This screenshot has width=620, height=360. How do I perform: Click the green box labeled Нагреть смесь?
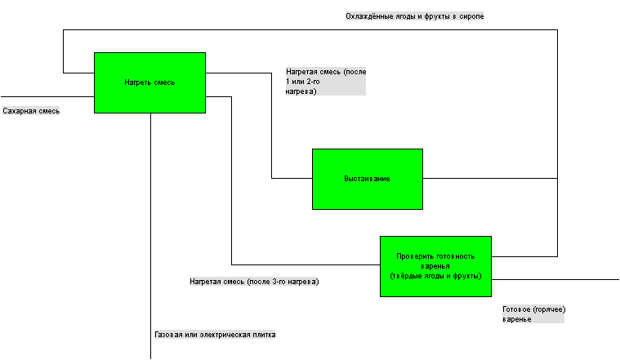pyautogui.click(x=149, y=83)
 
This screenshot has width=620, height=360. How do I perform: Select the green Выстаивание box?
pyautogui.click(x=368, y=179)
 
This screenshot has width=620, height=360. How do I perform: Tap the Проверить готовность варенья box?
pyautogui.click(x=435, y=266)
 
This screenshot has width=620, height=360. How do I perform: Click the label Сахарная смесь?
pyautogui.click(x=31, y=111)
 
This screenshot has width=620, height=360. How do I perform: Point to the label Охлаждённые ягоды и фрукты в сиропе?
pyautogui.click(x=415, y=16)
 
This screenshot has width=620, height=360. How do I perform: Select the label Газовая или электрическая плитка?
pyautogui.click(x=215, y=335)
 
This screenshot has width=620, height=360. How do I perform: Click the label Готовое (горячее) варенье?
pyautogui.click(x=533, y=314)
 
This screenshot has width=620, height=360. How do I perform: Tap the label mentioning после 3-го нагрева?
pyautogui.click(x=254, y=282)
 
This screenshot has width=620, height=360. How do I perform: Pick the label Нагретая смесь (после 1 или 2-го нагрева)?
pyautogui.click(x=326, y=82)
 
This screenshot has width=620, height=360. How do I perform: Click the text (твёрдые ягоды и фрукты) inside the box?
pyautogui.click(x=435, y=276)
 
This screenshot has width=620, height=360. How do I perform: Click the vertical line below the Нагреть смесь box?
pyautogui.click(x=150, y=236)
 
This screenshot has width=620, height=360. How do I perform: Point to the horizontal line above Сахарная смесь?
pyautogui.click(x=47, y=97)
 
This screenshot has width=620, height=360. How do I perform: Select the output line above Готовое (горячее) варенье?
pyautogui.click(x=555, y=280)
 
